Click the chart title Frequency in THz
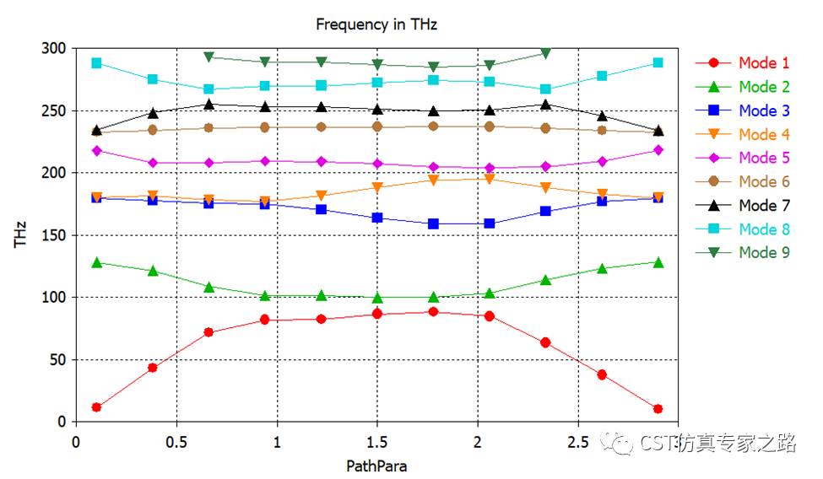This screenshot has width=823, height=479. (376, 24)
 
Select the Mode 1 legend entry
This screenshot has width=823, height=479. (764, 63)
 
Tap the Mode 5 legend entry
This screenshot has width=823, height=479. (764, 158)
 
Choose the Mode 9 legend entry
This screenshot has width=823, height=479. (764, 252)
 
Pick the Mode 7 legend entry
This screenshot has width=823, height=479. (764, 205)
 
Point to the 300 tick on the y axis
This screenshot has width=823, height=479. (55, 49)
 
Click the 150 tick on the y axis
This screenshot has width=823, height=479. (55, 235)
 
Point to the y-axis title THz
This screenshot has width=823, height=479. (20, 234)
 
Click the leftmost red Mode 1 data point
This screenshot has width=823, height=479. (97, 407)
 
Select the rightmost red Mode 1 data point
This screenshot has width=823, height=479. (658, 409)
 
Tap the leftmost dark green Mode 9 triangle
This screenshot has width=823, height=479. (208, 57)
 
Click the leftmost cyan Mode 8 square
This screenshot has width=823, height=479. (97, 63)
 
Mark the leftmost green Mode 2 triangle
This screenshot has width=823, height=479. (97, 262)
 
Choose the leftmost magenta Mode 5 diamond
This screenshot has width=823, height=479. (97, 151)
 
